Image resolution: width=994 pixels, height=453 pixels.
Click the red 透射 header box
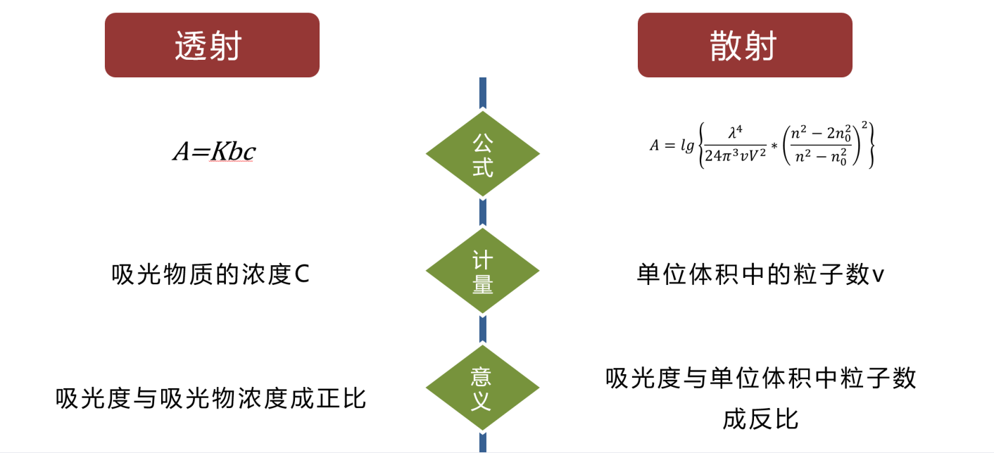pos(212,45)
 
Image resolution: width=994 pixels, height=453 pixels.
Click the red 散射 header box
pos(745,45)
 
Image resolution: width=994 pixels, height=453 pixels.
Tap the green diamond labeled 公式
pos(482,153)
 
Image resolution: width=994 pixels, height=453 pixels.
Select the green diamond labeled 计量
pos(482,271)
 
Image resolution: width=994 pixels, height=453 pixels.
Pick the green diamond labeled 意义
pos(482,388)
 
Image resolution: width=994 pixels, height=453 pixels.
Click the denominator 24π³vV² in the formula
pos(736,158)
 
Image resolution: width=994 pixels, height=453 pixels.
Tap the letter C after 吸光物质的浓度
pos(301,274)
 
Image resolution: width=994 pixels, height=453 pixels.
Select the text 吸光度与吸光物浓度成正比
pos(211,398)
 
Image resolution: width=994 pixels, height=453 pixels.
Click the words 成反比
pos(760,419)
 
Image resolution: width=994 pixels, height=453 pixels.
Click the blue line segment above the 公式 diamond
pos(482,94)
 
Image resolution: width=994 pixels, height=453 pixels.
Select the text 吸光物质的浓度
pos(201,274)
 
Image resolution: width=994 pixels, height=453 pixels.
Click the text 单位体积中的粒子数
pos(753,274)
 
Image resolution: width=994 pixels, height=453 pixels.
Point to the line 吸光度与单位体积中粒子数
pos(761,378)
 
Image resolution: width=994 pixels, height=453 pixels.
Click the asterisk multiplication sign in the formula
pos(774,146)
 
